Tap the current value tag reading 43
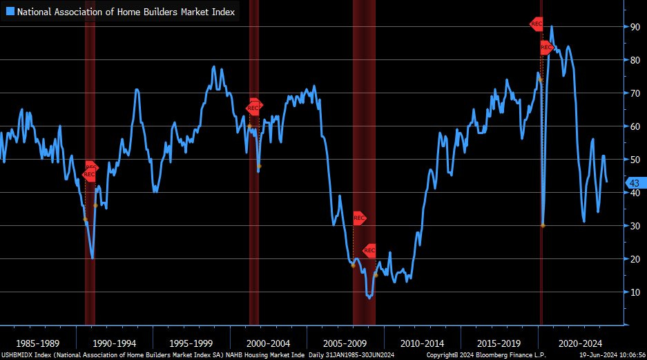635,182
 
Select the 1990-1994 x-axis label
115,343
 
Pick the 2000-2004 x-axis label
269,343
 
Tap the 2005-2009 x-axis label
345,343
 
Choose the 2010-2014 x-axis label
422,343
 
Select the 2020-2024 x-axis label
580,343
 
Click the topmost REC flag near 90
537,24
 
